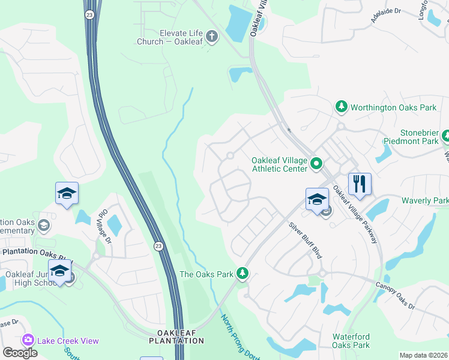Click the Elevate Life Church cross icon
[211, 37]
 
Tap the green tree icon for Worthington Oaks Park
[342, 107]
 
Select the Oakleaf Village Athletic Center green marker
[317, 163]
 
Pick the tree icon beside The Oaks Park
[243, 274]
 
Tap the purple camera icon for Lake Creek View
[28, 340]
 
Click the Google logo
[20, 353]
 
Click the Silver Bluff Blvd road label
[306, 240]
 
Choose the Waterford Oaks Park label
[351, 341]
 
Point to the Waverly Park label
[425, 200]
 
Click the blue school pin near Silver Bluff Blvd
[317, 199]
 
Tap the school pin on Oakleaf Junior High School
[59, 271]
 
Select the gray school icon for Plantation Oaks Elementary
[43, 225]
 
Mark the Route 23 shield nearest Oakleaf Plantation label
[158, 245]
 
